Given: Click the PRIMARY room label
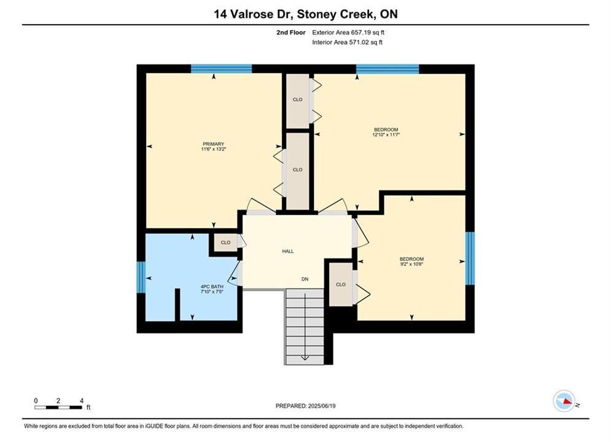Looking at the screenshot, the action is click(x=213, y=144).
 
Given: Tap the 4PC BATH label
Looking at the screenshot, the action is click(x=212, y=287).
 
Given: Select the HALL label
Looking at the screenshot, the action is click(x=288, y=251).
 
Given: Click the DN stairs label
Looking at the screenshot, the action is click(x=305, y=279).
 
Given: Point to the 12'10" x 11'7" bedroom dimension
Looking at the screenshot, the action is click(x=386, y=134).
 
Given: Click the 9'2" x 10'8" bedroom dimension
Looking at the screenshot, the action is click(x=411, y=264).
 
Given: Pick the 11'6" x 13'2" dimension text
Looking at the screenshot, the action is click(x=214, y=149).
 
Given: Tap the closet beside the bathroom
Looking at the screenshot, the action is click(x=225, y=242).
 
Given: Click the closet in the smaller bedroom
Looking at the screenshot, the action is click(x=341, y=284).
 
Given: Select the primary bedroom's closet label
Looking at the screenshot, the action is click(x=298, y=170).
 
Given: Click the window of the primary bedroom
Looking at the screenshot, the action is click(x=221, y=69).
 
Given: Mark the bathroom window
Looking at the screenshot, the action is click(x=141, y=277).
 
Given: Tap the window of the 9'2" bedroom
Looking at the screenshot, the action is click(x=470, y=258).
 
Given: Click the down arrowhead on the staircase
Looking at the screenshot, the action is click(x=305, y=357).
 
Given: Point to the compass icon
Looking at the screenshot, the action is click(x=564, y=401).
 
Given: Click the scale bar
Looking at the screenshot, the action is click(x=58, y=408).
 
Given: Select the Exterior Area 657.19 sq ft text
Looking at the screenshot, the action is click(x=348, y=33).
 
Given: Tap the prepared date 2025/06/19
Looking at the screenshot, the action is click(x=322, y=406).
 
